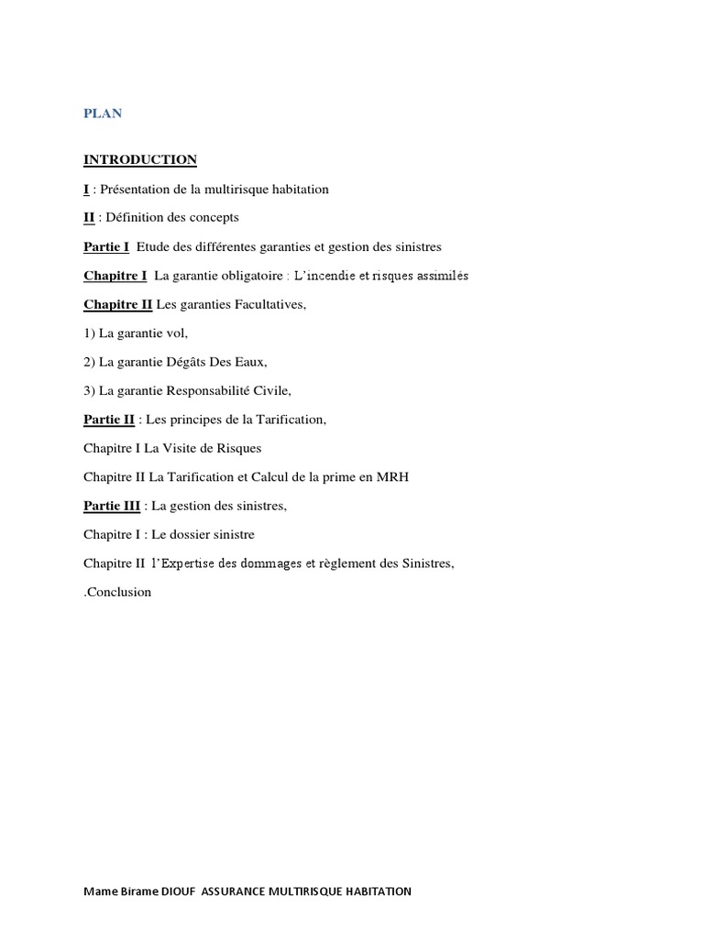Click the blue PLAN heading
click(103, 114)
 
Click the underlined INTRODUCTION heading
click(140, 159)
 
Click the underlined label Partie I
click(106, 246)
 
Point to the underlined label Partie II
click(109, 420)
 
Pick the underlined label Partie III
click(112, 506)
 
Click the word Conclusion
click(119, 592)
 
